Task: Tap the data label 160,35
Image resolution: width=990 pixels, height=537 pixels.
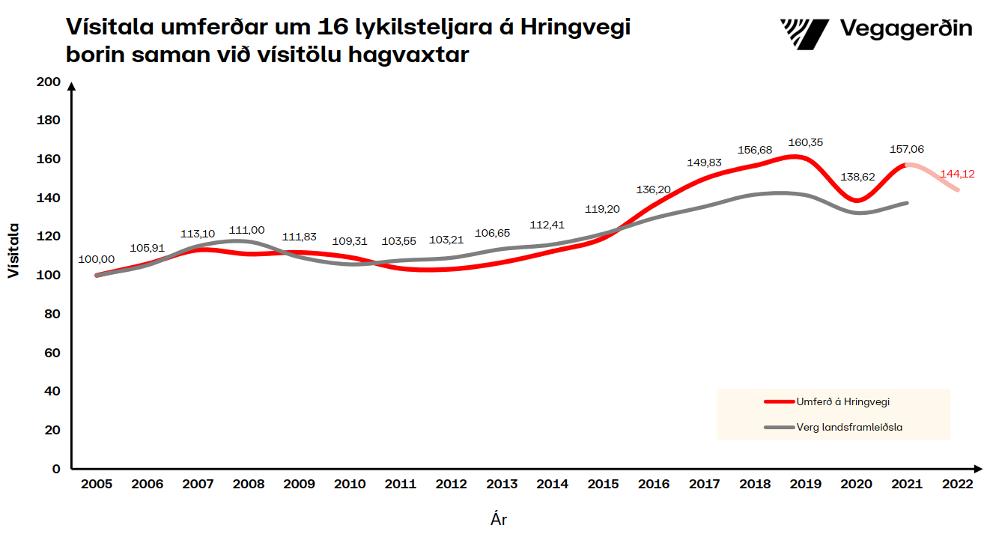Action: [x=806, y=142]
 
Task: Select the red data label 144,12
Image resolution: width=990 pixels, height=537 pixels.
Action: [x=957, y=175]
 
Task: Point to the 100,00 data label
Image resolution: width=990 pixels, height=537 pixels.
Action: [x=97, y=259]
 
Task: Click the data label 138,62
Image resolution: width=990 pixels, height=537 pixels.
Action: [x=857, y=177]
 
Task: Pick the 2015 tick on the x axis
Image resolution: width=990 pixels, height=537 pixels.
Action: [x=604, y=485]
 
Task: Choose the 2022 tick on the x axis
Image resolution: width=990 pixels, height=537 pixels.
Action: [x=958, y=485]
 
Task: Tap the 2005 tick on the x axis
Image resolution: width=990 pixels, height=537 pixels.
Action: [x=97, y=485]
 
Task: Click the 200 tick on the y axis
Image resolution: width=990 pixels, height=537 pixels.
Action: [x=48, y=82]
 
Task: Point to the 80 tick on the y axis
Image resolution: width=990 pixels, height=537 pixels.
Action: [x=52, y=314]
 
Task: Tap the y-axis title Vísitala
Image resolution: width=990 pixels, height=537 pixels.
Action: [x=13, y=250]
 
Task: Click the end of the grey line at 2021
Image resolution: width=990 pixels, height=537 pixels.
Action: [x=907, y=203]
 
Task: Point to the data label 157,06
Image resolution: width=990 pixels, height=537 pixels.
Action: [x=907, y=149]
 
